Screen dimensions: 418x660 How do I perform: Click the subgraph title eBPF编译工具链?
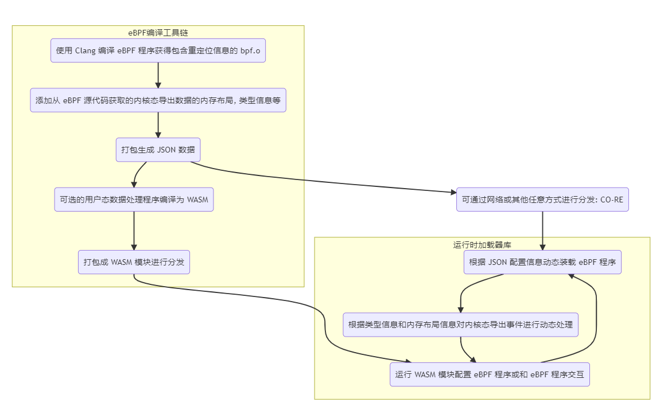pyautogui.click(x=158, y=33)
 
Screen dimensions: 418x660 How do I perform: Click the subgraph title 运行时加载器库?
pyautogui.click(x=482, y=245)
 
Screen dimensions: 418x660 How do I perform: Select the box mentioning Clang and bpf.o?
pyautogui.click(x=158, y=50)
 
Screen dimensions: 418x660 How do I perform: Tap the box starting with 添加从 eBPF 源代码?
pyautogui.click(x=158, y=100)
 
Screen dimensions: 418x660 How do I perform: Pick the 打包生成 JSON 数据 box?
pyautogui.click(x=158, y=150)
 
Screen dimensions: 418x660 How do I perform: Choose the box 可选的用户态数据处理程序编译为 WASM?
pyautogui.click(x=134, y=200)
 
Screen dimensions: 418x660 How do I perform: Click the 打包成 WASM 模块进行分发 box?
pyautogui.click(x=134, y=262)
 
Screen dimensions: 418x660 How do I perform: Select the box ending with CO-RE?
pyautogui.click(x=542, y=200)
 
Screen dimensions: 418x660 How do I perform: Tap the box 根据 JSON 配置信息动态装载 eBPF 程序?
pyautogui.click(x=542, y=262)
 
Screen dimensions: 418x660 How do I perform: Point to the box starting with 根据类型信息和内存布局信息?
pyautogui.click(x=460, y=325)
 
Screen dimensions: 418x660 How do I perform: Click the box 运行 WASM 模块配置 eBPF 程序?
pyautogui.click(x=490, y=374)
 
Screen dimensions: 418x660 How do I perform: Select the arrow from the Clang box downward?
pyautogui.click(x=158, y=75)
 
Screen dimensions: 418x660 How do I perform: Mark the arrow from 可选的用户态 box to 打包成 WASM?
pyautogui.click(x=134, y=231)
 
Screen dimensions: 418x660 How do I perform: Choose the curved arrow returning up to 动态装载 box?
pyautogui.click(x=596, y=321)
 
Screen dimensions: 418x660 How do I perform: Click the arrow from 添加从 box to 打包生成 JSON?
pyautogui.click(x=158, y=125)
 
